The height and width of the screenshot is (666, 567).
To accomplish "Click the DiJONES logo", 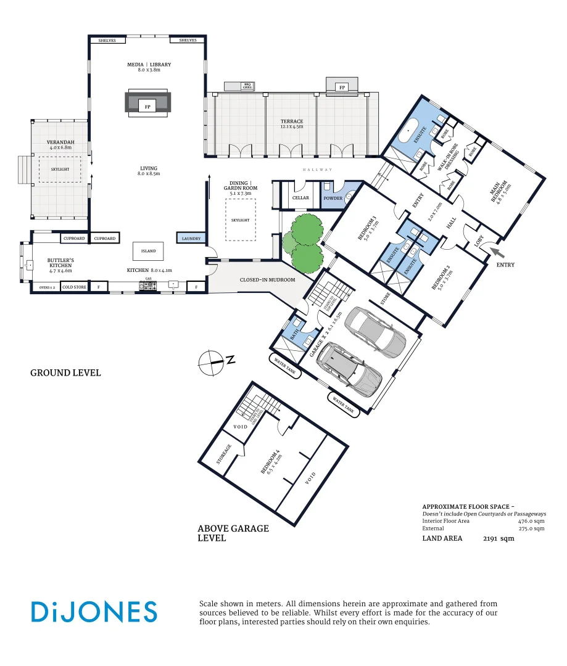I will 94,612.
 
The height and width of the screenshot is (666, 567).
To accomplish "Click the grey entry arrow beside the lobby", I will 497,252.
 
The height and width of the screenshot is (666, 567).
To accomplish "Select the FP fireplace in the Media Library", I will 147,107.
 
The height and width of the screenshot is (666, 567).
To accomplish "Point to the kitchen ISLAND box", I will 148,251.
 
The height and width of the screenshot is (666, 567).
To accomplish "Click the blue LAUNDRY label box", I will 190,238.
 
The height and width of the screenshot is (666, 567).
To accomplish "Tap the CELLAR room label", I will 300,198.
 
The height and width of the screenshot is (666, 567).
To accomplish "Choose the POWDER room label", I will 333,198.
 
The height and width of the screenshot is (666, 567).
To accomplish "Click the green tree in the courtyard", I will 302,241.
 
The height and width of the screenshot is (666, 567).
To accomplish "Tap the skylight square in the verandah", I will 59,169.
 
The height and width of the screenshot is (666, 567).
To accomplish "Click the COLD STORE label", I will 74,287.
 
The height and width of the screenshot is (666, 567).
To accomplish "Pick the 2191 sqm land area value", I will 498,538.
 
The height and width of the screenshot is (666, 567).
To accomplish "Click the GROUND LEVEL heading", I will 65,373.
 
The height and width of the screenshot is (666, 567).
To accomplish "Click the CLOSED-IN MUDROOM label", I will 267,280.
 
